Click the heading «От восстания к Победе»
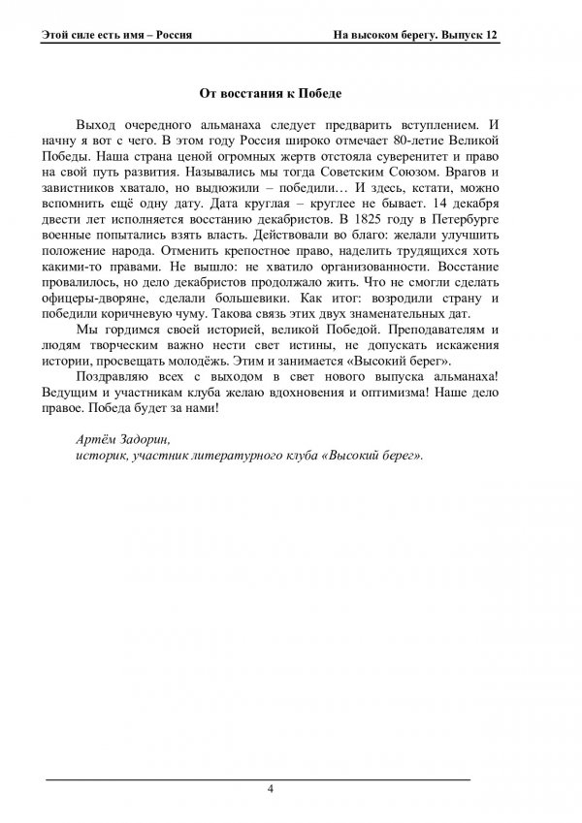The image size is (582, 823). (271, 94)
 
